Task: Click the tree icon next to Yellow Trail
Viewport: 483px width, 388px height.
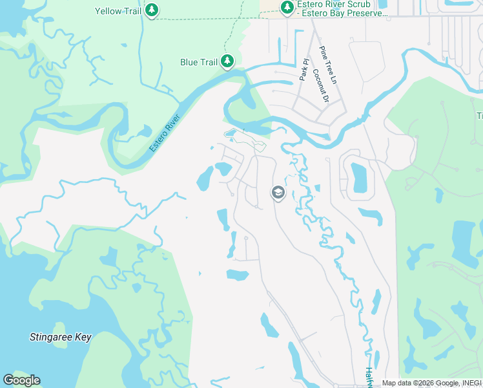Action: coord(151,10)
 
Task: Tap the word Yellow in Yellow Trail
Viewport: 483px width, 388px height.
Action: coord(108,11)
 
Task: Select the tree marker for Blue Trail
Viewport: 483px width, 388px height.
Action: coord(227,61)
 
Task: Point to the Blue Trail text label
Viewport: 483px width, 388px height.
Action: coord(198,62)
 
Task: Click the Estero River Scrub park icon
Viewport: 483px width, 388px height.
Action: coord(287,7)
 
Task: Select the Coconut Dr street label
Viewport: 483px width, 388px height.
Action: coord(321,86)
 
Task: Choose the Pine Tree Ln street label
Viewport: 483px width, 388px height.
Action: coord(329,65)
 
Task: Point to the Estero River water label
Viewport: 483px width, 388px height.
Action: coord(164,133)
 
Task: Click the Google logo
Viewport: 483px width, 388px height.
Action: coord(21,380)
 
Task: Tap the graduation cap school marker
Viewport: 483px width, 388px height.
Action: coord(278,193)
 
